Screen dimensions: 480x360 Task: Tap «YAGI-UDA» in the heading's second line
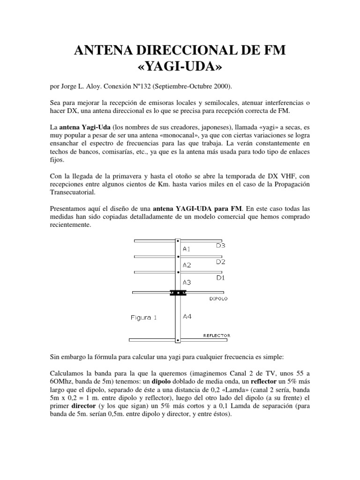[x=180, y=67]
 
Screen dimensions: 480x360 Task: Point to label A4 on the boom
[x=187, y=317]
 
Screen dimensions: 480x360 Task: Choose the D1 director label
[x=221, y=278]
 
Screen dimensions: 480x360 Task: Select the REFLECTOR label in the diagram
[x=217, y=336]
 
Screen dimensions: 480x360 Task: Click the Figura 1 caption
[x=143, y=318]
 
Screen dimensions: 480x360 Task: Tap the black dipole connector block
[x=178, y=293]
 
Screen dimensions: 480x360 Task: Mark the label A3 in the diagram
[x=187, y=283]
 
